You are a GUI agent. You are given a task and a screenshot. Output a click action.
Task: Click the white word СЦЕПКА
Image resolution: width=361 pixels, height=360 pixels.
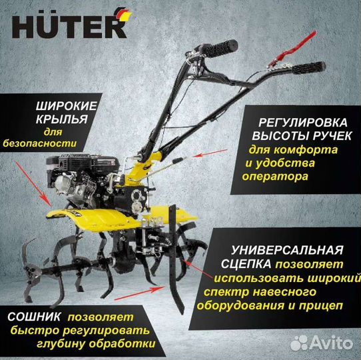[x=252, y=265]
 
